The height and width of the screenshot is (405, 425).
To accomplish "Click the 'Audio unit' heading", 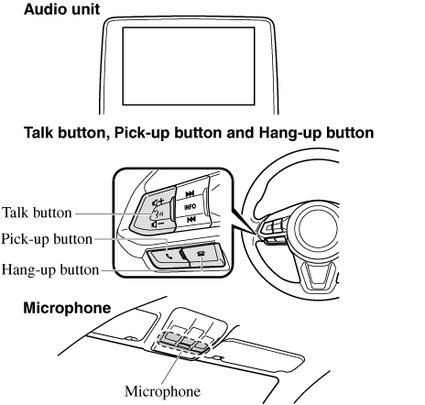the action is click(61, 9).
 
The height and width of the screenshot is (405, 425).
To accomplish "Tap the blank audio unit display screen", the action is click(189, 66).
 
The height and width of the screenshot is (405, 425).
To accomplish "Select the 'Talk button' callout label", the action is click(37, 213).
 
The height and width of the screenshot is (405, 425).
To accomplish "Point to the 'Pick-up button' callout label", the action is click(47, 239).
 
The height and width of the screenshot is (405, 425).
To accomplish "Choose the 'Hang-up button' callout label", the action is click(50, 270).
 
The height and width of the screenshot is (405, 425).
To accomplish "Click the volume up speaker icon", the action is click(158, 202).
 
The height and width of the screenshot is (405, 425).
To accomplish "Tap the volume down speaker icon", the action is click(158, 224).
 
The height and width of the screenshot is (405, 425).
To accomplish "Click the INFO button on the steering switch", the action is click(190, 207).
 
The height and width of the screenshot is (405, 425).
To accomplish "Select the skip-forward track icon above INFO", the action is click(190, 193).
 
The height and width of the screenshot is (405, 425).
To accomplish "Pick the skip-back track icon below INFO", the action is click(191, 219).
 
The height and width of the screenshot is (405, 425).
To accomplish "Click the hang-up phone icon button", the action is click(203, 255).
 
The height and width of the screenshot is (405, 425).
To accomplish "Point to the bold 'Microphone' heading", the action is click(67, 308).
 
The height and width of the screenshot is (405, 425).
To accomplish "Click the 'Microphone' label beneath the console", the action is click(162, 391).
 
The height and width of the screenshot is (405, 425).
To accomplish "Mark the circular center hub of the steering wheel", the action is click(318, 228).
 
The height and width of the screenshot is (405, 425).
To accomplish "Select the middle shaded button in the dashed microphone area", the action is click(187, 343).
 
